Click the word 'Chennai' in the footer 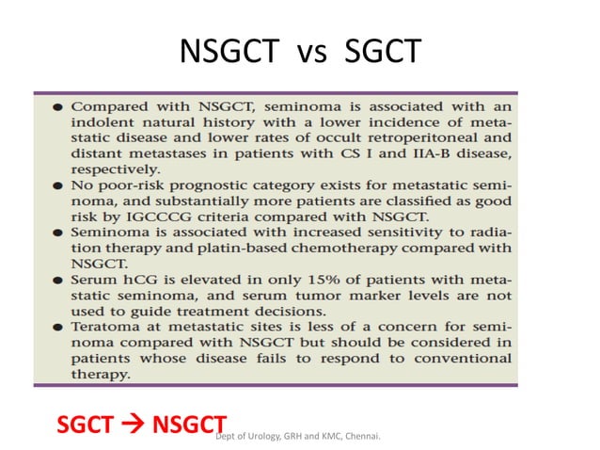[370, 437]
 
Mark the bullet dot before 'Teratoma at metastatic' [57, 325]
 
